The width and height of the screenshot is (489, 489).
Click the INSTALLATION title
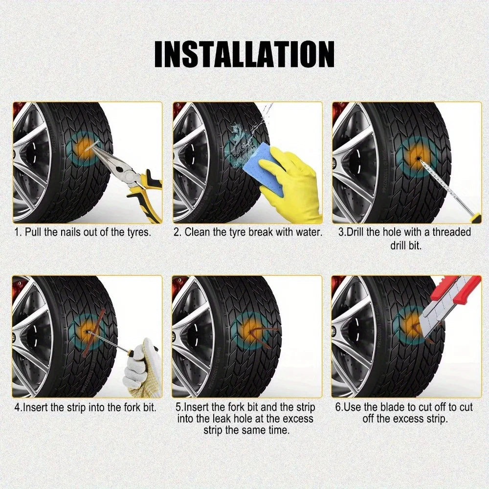(x=244, y=54)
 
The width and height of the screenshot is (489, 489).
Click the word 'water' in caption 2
(x=309, y=232)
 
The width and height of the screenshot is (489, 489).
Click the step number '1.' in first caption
(x=17, y=232)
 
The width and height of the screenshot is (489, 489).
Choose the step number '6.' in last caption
(x=339, y=407)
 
